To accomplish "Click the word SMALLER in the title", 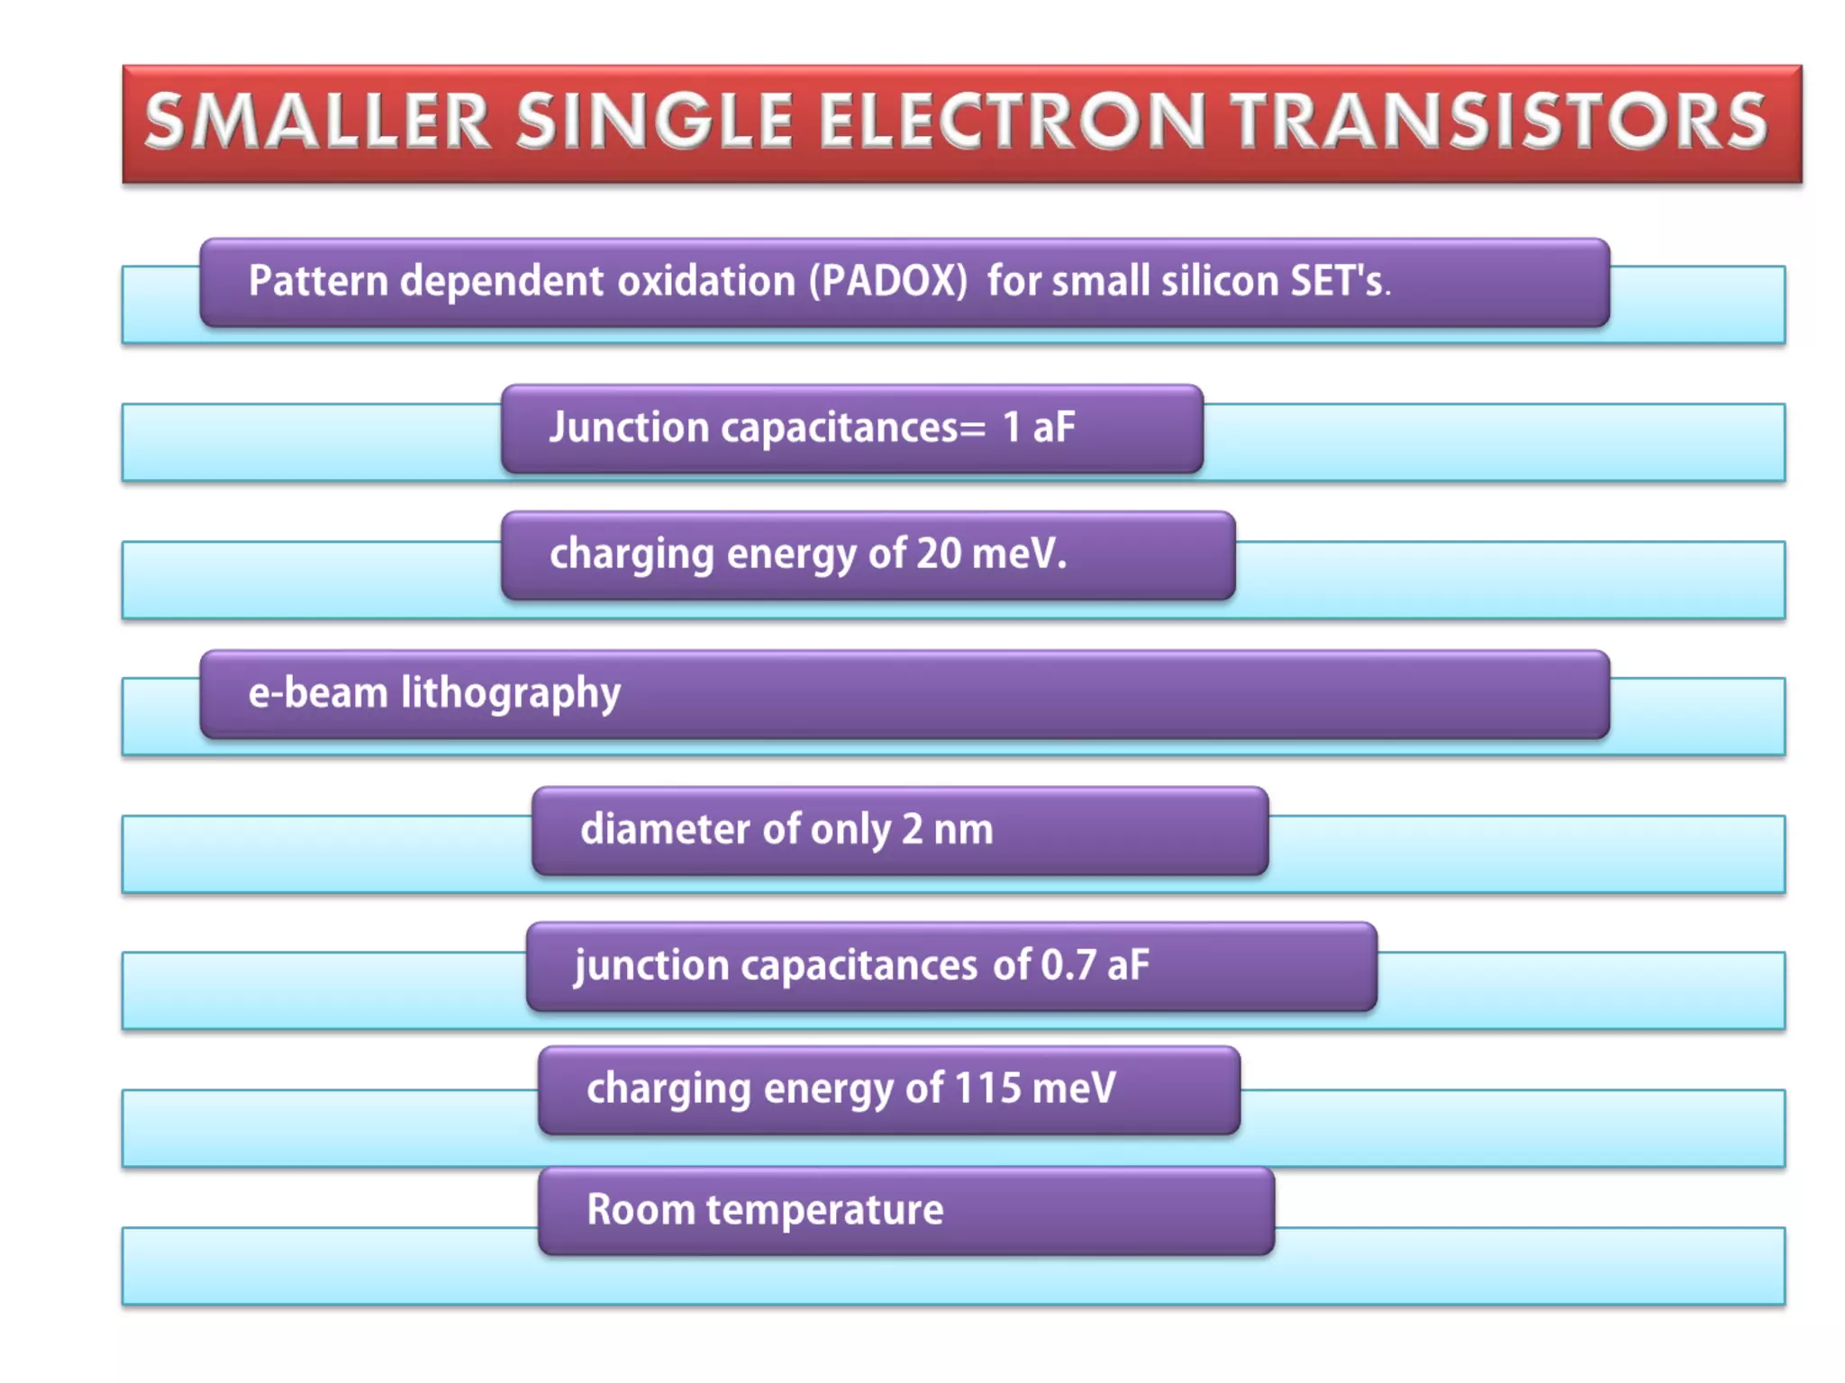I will pos(317,122).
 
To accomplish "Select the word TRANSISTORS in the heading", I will pos(1500,122).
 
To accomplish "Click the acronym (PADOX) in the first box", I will pos(887,281).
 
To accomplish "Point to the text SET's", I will pos(1340,281).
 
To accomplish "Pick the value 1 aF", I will pos(1039,427).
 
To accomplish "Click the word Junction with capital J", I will pos(629,427).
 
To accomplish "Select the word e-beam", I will pos(317,692).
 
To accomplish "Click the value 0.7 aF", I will pos(1095,965).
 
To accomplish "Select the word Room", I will pos(640,1209).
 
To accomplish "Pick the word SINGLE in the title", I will pos(655,122).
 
